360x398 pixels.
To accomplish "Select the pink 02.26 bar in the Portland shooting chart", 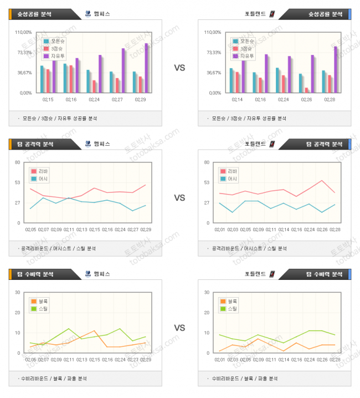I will (x=306, y=90).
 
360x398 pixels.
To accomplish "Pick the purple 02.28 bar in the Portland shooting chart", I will (x=335, y=69).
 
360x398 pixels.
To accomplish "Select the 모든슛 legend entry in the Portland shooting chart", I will (x=244, y=41).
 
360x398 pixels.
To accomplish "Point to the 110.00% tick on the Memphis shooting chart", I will (x=25, y=32).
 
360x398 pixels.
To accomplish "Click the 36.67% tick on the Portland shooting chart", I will (x=213, y=73).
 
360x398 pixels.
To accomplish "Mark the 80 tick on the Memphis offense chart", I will (x=18, y=162).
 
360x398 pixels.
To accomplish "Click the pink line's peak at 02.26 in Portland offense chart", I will (x=322, y=180).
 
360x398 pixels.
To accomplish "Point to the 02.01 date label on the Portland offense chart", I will (x=219, y=229).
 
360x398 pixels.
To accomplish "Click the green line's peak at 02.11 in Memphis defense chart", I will (x=68, y=329).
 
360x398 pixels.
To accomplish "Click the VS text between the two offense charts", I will (x=179, y=198).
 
